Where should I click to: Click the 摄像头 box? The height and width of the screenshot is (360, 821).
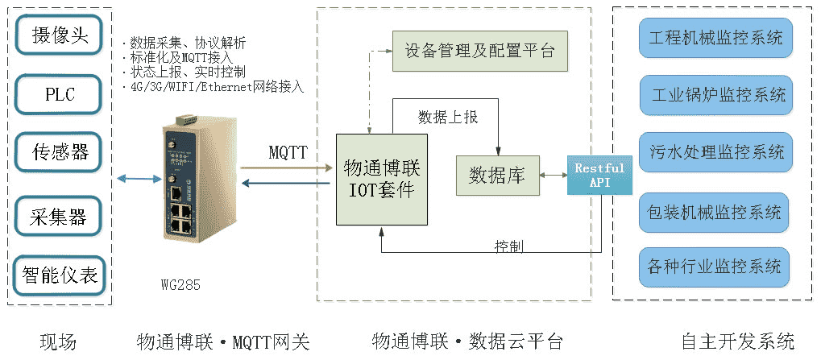click(60, 36)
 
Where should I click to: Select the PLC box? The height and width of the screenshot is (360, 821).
click(60, 94)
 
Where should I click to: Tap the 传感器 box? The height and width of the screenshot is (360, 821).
click(60, 151)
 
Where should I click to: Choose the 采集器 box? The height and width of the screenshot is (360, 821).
click(60, 217)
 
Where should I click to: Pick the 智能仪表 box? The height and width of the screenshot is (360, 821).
click(60, 276)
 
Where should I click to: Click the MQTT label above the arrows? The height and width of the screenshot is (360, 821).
click(288, 152)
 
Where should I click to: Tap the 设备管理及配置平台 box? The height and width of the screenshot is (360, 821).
click(480, 51)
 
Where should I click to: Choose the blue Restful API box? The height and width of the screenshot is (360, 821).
click(599, 175)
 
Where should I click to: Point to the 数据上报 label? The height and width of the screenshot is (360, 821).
click(449, 117)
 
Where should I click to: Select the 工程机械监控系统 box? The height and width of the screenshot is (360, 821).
click(715, 36)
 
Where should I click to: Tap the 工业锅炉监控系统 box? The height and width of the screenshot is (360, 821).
click(715, 95)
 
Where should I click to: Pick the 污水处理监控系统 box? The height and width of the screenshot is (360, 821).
click(715, 152)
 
